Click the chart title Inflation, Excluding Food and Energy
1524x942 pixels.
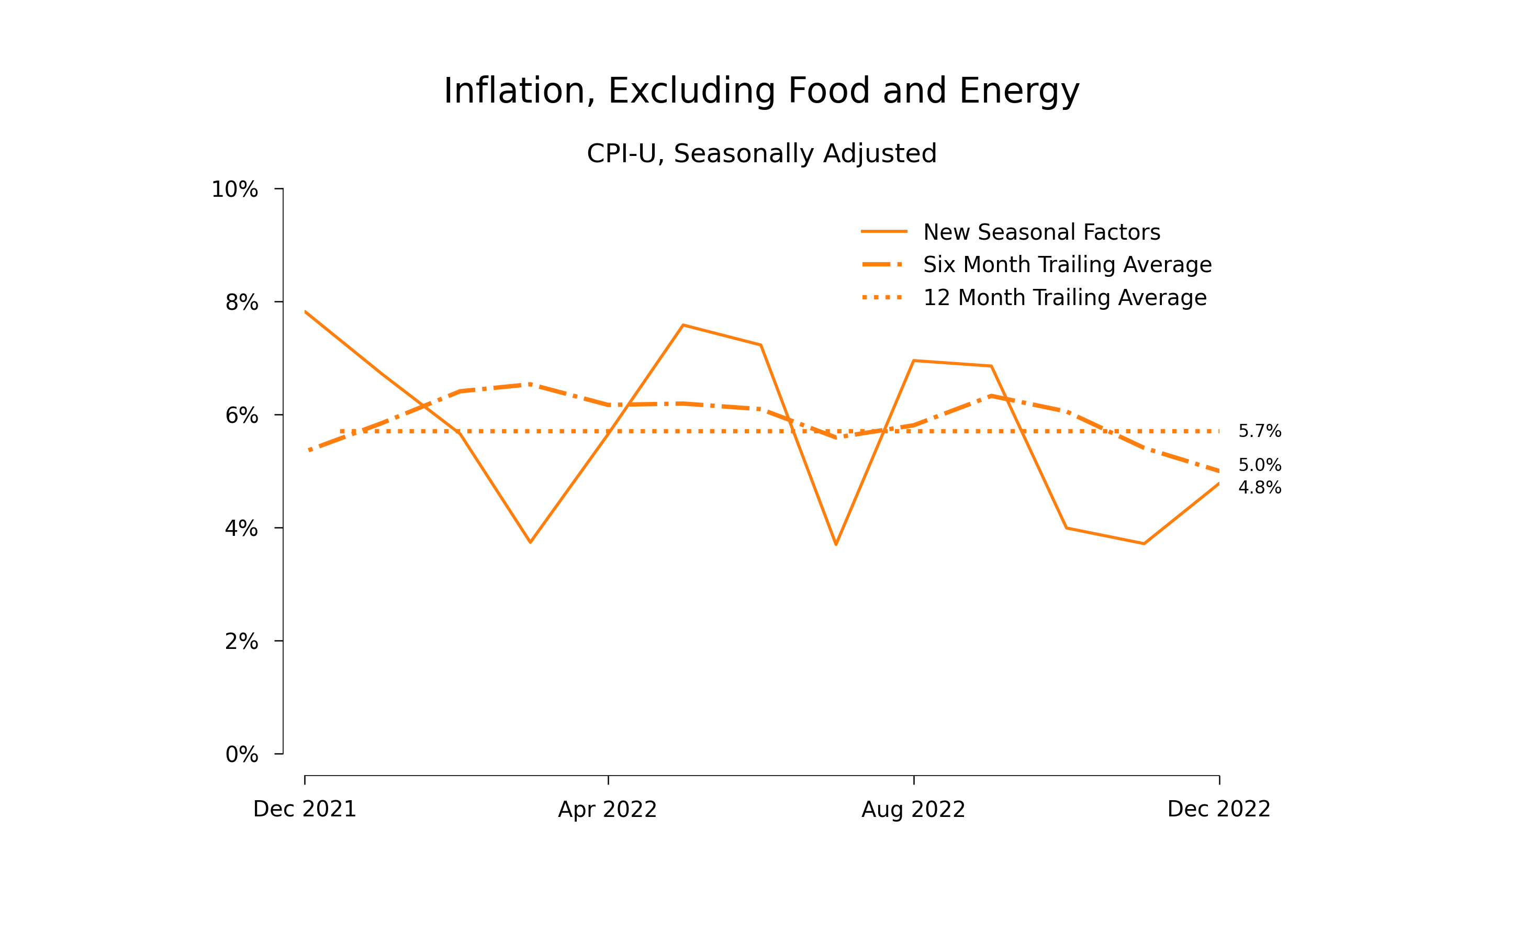click(x=761, y=91)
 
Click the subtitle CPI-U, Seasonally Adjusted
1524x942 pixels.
click(x=761, y=153)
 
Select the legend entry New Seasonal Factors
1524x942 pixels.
click(x=1041, y=232)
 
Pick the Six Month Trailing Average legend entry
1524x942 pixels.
click(x=1067, y=265)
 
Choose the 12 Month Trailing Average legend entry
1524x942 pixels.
click(x=1064, y=298)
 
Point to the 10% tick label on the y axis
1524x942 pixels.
click(x=234, y=189)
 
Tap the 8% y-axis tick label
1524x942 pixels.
click(x=241, y=303)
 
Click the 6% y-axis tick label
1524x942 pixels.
click(x=241, y=416)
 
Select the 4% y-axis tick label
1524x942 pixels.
click(x=241, y=529)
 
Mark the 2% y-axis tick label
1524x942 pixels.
click(x=241, y=642)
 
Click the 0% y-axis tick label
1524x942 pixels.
click(x=241, y=755)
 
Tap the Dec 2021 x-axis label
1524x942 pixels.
click(x=305, y=809)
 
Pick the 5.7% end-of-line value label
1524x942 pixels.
click(x=1259, y=431)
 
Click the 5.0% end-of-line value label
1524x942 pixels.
click(x=1259, y=465)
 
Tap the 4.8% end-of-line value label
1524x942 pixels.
click(x=1259, y=487)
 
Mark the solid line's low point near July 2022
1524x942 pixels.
click(x=835, y=544)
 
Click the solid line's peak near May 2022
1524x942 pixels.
click(x=683, y=325)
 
